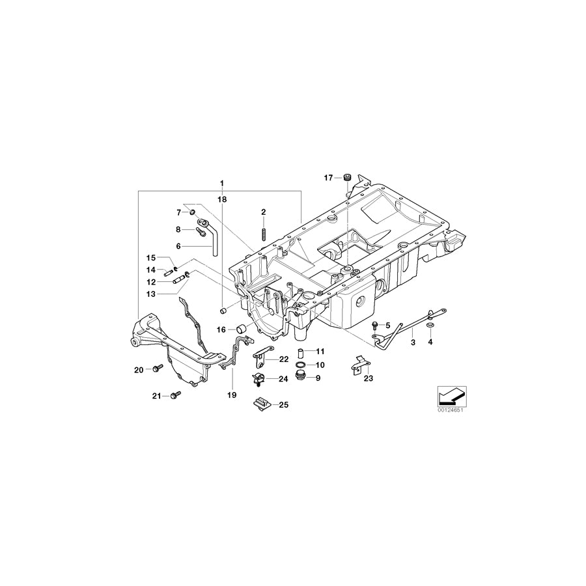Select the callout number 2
(x=264, y=212)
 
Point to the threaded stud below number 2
(x=264, y=232)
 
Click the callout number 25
(x=283, y=405)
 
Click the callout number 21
(x=156, y=395)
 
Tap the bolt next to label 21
(x=175, y=395)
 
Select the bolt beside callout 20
(x=156, y=369)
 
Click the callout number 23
(x=368, y=378)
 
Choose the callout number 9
(x=319, y=378)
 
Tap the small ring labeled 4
(x=430, y=325)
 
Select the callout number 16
(x=222, y=330)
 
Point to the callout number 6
(x=178, y=246)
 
